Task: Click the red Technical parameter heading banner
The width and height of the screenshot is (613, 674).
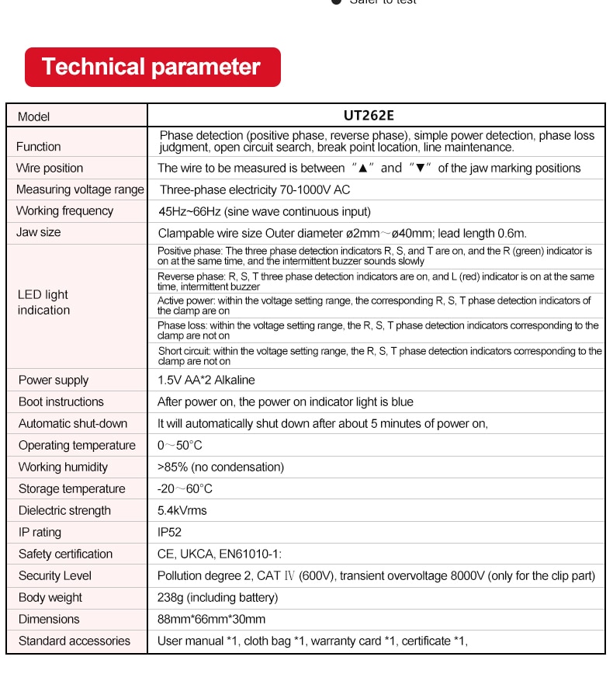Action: point(152,67)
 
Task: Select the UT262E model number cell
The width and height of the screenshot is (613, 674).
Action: point(369,116)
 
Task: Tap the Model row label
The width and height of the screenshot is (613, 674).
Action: point(33,116)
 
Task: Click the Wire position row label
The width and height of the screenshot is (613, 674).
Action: point(50,168)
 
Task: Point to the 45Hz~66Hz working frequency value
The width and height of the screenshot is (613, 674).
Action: point(264,211)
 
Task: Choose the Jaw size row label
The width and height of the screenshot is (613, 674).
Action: point(39,232)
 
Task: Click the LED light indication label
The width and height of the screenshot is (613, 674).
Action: point(43,302)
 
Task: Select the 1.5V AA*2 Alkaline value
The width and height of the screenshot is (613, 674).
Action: point(206,380)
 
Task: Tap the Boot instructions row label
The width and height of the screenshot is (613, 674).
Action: point(61,401)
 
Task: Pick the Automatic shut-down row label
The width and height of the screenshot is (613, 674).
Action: point(73,423)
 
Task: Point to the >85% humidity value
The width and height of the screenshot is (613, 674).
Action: point(220,467)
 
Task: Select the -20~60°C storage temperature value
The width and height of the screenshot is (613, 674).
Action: point(185,488)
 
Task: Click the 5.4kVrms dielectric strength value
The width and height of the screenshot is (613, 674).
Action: point(182,510)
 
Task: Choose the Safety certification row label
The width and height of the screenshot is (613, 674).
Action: point(66,554)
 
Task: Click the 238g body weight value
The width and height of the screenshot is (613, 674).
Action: point(217,597)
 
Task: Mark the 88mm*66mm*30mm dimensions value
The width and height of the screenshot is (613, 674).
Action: point(211,619)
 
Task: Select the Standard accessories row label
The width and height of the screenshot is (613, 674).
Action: point(74,641)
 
